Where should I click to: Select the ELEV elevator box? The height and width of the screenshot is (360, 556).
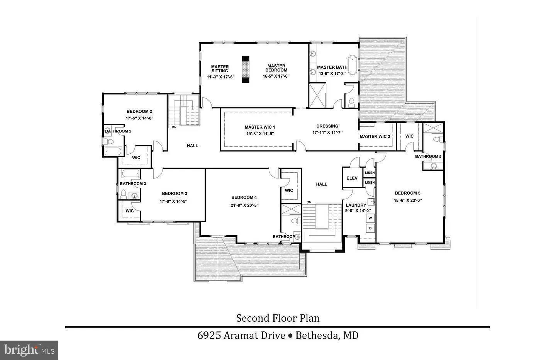(352, 178)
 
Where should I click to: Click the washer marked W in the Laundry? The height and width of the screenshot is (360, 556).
(370, 218)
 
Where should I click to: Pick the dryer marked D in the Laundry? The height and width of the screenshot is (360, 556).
(370, 228)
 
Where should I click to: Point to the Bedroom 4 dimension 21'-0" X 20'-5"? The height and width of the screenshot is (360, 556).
(244, 205)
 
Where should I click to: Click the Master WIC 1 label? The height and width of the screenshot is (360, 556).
(260, 127)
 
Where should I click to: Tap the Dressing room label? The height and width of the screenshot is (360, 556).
(327, 126)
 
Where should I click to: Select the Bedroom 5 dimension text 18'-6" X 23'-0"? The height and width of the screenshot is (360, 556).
(407, 200)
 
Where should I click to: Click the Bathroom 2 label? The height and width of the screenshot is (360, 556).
(118, 131)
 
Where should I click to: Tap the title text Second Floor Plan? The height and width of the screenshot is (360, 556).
(278, 318)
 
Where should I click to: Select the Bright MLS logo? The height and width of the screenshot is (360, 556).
(29, 350)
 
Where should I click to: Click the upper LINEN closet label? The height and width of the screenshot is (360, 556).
(370, 173)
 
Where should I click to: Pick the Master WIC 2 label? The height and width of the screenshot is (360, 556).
(375, 136)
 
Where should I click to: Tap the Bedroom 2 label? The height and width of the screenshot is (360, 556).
(139, 112)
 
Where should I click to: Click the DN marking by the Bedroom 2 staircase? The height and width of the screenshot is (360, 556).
(174, 127)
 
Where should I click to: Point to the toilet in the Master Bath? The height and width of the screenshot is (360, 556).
(351, 102)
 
